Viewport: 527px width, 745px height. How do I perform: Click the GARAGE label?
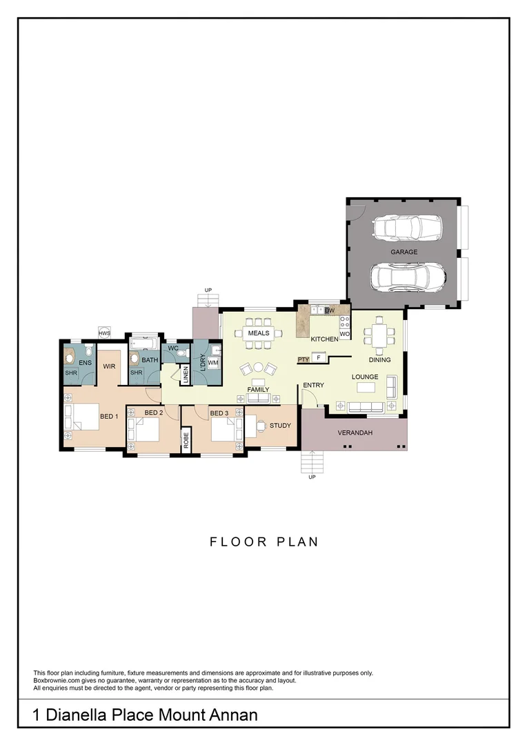(x=404, y=252)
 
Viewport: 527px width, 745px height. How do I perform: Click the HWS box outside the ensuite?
(x=104, y=333)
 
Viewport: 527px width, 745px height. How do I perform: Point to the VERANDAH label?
(x=355, y=433)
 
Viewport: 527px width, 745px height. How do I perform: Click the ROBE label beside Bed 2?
(x=186, y=440)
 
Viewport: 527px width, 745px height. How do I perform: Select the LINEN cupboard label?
(x=186, y=375)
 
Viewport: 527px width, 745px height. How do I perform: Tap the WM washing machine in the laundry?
(x=213, y=362)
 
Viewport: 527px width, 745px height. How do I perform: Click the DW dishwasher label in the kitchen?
(x=330, y=311)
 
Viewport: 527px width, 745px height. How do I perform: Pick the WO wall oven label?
(x=345, y=334)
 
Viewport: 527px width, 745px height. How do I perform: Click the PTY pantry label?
(x=304, y=359)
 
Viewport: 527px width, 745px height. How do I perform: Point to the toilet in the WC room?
(x=181, y=352)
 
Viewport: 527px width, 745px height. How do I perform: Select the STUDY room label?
(x=280, y=426)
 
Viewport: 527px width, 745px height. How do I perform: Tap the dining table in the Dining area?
(x=380, y=336)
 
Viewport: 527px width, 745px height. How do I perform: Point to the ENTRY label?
(x=313, y=385)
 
